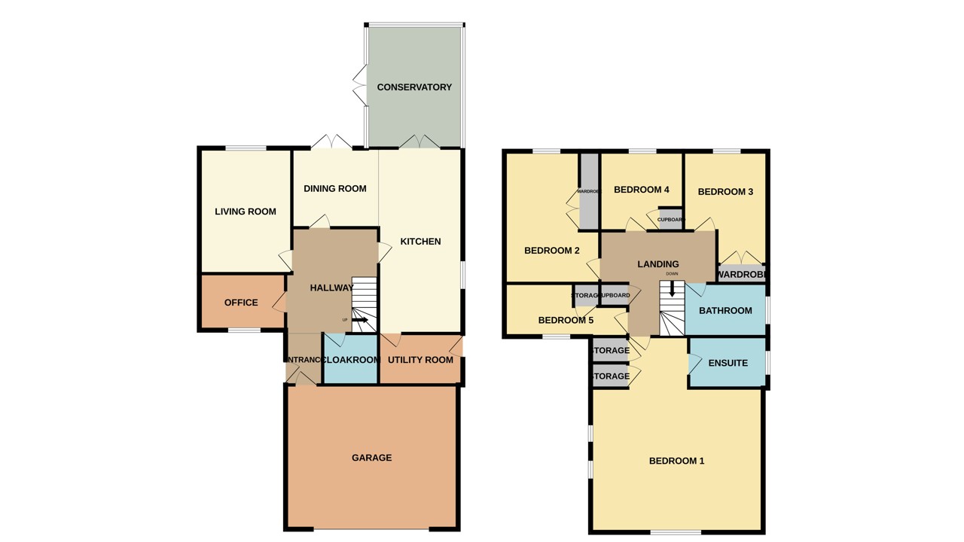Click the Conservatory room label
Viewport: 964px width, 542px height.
point(414,87)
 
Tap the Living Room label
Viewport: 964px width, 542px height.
point(246,212)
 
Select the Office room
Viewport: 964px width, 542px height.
point(241,303)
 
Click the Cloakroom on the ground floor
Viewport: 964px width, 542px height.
point(350,360)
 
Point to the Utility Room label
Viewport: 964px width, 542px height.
point(420,360)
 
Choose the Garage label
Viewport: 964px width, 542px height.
point(371,458)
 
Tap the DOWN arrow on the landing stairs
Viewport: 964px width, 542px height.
point(672,290)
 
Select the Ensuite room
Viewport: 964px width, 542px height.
point(728,363)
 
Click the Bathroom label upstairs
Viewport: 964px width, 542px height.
point(725,311)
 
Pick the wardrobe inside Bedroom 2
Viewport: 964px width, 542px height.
point(589,192)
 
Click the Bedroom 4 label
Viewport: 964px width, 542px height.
point(642,190)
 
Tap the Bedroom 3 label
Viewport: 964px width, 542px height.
point(725,192)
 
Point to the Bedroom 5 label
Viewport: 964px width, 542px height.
point(566,321)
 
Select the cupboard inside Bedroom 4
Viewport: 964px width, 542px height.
point(670,219)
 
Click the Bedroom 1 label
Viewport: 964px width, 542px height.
point(676,461)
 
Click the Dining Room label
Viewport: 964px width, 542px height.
point(335,188)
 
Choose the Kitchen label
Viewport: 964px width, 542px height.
point(420,242)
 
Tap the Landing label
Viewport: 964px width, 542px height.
point(657,264)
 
